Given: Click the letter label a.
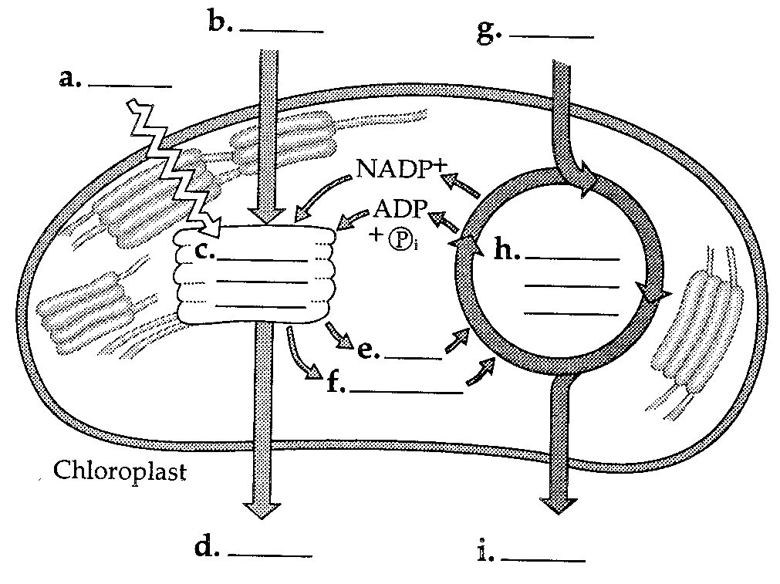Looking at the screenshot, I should [x=69, y=79].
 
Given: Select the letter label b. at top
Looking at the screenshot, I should [x=221, y=23].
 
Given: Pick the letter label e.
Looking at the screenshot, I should [x=368, y=351].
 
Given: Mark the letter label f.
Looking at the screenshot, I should [x=336, y=383].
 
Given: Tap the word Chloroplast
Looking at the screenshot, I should [x=120, y=471].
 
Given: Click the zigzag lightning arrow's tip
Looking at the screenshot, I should [x=211, y=227].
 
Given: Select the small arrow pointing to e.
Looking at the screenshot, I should [x=339, y=335].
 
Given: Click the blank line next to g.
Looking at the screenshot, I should [x=552, y=35].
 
